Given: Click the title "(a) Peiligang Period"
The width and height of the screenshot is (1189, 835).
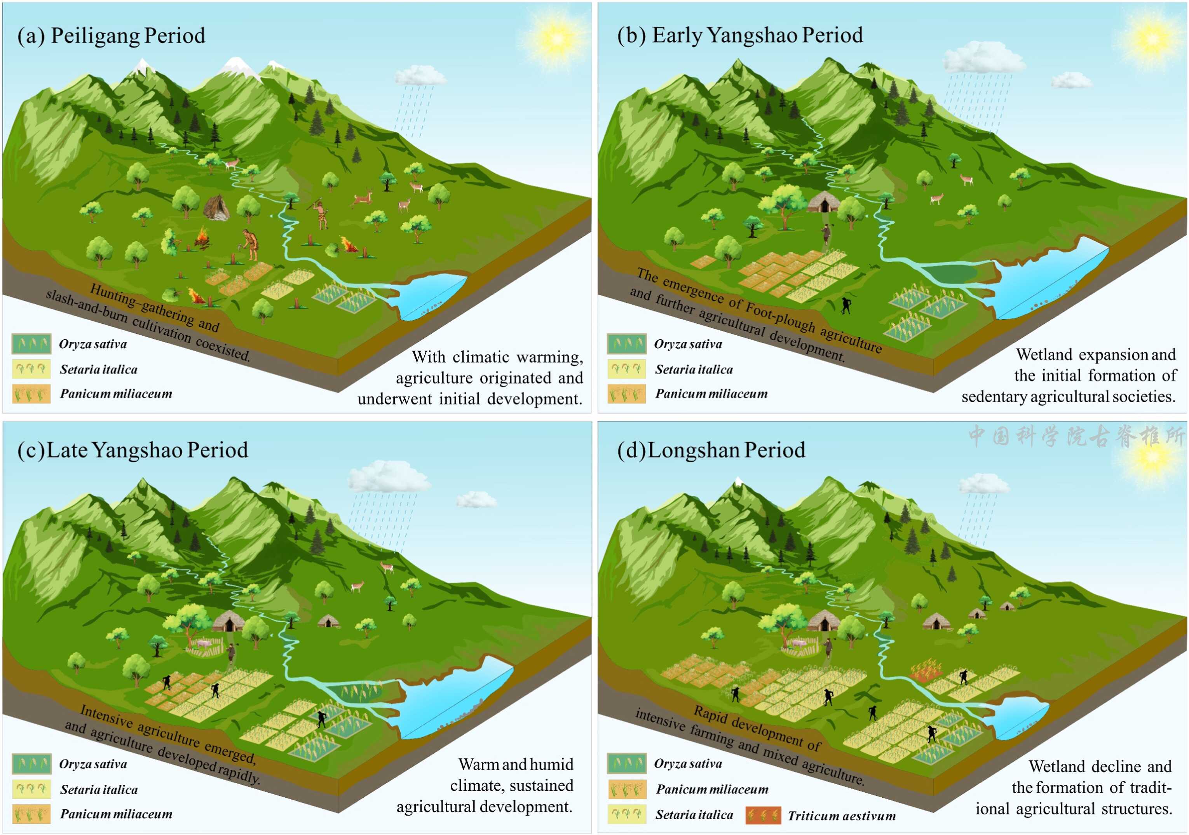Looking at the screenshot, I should point(112,36).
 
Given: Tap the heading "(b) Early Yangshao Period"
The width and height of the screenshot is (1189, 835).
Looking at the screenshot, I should point(739,35).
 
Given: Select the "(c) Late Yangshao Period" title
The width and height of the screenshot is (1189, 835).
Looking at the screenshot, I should point(132,450).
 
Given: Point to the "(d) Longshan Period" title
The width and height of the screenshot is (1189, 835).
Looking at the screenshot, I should point(711,450).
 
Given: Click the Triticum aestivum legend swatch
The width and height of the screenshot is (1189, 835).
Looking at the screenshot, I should point(763,815).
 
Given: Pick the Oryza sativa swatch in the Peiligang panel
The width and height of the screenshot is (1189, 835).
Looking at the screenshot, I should point(31,343).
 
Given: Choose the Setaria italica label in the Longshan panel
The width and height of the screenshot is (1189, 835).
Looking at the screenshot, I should point(694,815).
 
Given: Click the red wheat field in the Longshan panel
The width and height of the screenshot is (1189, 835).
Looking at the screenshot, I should point(927,670).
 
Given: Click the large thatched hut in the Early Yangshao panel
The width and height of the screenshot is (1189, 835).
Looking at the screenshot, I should point(823,202).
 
